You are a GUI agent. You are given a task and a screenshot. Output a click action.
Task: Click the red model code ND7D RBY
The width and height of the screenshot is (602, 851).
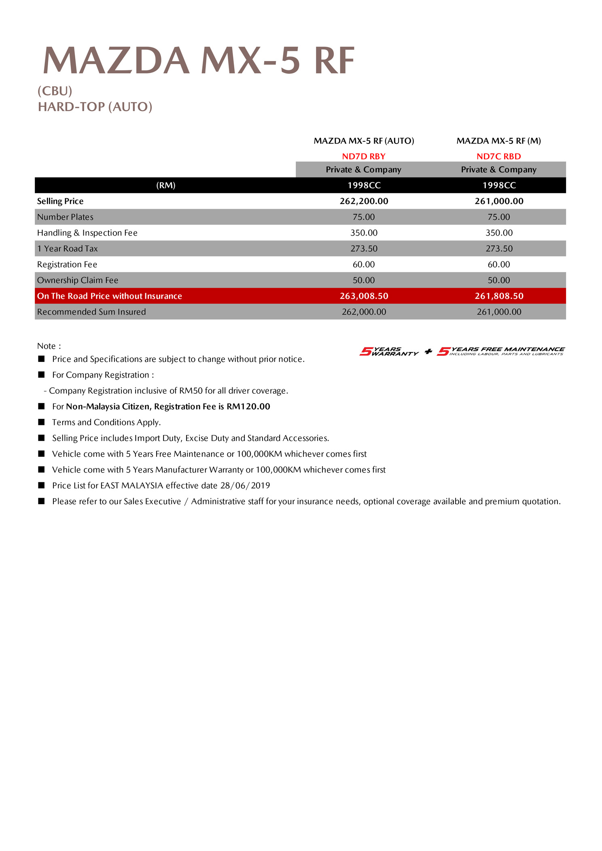363,156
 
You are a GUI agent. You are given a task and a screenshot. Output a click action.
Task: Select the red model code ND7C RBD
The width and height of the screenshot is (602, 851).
498,156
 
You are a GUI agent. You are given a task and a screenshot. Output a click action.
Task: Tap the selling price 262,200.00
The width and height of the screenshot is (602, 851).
364,201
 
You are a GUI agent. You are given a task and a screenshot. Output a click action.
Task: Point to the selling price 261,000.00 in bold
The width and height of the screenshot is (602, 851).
499,201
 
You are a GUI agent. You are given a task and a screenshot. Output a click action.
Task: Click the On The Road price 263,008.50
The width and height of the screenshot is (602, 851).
364,296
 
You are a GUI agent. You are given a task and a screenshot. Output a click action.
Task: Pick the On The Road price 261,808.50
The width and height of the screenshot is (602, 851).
499,296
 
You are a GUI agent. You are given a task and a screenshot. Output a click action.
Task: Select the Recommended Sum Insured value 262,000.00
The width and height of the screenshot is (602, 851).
364,312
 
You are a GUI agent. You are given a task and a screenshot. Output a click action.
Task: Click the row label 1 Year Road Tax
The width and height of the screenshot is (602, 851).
68,249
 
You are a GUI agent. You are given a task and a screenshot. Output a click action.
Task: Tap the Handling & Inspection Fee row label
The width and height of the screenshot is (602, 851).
87,233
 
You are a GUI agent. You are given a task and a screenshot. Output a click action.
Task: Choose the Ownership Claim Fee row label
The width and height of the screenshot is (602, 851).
78,280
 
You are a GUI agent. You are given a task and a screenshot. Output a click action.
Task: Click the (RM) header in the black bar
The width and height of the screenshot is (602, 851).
166,185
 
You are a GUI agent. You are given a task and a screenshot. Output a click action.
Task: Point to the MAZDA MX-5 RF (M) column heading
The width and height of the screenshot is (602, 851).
498,141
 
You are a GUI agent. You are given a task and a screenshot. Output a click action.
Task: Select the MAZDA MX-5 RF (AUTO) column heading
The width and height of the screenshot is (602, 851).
364,141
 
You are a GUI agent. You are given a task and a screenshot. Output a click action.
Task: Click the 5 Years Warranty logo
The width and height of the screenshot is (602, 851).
389,351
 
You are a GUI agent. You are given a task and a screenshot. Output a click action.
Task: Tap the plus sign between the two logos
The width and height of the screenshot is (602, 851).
428,351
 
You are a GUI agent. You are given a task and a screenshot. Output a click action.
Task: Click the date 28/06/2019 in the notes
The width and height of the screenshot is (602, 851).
245,486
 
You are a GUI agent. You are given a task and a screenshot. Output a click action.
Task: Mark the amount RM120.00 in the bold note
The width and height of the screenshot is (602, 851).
248,406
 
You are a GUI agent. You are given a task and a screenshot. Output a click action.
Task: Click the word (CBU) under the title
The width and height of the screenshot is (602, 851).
55,91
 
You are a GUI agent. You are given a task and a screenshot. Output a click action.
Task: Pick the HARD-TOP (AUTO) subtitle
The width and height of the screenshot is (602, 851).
95,107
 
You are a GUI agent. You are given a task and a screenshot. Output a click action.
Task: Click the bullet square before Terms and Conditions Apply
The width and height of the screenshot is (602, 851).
41,422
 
